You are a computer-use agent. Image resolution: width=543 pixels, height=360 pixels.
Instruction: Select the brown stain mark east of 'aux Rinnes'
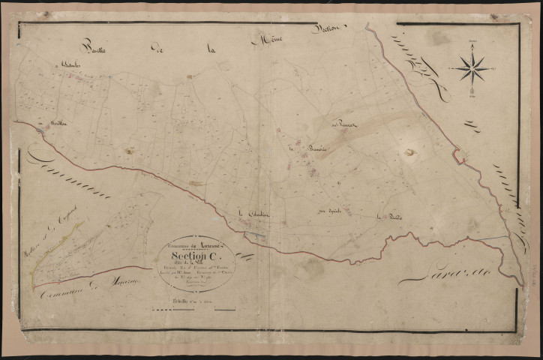(409, 152)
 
